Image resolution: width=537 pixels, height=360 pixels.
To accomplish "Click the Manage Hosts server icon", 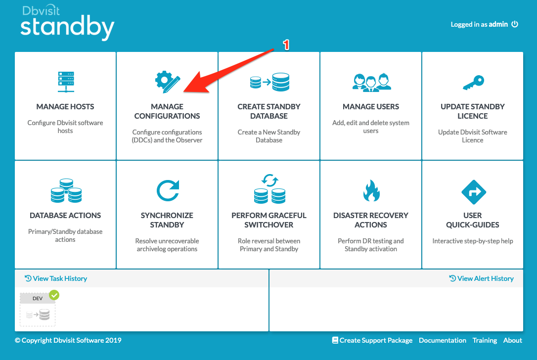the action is [x=66, y=82].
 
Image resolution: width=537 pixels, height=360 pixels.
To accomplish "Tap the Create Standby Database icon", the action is [x=269, y=82].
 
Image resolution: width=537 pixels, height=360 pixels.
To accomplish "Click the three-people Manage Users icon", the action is [x=371, y=82].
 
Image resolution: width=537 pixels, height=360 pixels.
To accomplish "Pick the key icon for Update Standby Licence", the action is [x=473, y=83].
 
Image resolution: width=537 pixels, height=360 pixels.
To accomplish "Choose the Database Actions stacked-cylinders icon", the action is [x=66, y=190].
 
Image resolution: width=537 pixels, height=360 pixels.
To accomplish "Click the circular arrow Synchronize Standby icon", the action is [x=168, y=190].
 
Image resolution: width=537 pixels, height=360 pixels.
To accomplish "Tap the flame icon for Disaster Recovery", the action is [x=371, y=190].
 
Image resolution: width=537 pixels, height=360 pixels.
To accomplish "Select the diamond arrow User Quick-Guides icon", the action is [x=474, y=192].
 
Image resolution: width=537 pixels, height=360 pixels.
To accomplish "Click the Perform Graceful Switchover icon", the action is [x=269, y=189].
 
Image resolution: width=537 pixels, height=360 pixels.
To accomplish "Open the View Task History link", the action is [x=56, y=278].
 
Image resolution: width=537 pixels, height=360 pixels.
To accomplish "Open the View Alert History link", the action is [x=482, y=278].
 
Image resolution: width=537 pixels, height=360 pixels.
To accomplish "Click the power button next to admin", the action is [x=515, y=24].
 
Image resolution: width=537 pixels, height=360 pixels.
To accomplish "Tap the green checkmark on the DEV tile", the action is [x=54, y=295].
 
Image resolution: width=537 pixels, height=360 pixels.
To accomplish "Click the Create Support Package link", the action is [x=372, y=340].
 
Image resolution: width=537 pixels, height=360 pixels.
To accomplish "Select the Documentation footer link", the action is [x=443, y=340].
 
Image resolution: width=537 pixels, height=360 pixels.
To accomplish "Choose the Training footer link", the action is [x=485, y=340].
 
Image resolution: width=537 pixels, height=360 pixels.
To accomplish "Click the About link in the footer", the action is [x=513, y=340].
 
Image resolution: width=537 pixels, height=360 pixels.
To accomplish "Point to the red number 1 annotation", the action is [x=286, y=45].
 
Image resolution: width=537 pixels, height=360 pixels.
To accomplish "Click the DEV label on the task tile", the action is [x=38, y=298].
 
